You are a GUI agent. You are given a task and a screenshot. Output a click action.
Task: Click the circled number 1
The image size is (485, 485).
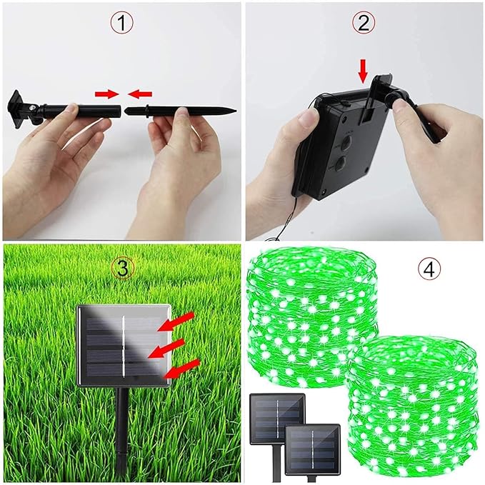pyautogui.click(x=122, y=23)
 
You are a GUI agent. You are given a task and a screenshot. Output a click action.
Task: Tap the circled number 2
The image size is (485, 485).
pyautogui.click(x=364, y=23)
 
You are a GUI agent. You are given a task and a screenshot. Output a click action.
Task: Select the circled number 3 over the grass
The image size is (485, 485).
pyautogui.click(x=122, y=269)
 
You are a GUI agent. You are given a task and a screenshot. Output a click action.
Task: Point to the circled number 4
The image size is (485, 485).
pyautogui.click(x=429, y=269)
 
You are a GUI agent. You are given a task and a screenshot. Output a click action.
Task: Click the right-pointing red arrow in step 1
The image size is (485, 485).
pyautogui.click(x=107, y=94)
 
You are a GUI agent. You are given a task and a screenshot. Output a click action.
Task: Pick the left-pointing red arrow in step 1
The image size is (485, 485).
pyautogui.click(x=140, y=94)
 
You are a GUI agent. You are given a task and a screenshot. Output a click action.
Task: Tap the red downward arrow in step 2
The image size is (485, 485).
pyautogui.click(x=364, y=73)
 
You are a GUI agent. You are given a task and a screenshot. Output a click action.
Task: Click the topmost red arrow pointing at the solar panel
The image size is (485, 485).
pyautogui.click(x=176, y=321)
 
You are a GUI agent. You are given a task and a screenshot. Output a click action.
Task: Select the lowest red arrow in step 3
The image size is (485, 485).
pyautogui.click(x=181, y=369)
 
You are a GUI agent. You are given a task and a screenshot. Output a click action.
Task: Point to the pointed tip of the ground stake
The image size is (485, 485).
pyautogui.click(x=236, y=110)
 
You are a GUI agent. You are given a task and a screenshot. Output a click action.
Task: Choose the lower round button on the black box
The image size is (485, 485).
pyautogui.click(x=341, y=162)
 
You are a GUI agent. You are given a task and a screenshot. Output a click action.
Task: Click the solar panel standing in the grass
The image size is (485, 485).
pyautogui.click(x=124, y=346)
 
